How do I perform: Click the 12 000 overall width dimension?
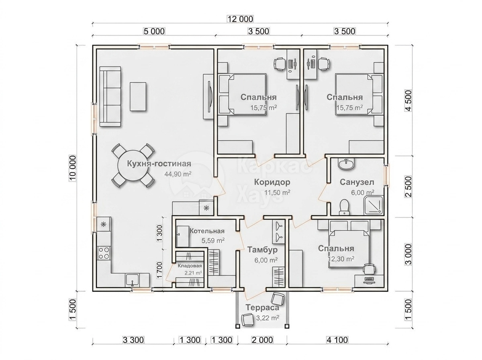point(240,19)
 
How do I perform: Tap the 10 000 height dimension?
point(72,168)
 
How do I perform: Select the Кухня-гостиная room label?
point(159,164)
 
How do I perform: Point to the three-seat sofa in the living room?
point(110,96)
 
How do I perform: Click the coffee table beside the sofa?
point(138,96)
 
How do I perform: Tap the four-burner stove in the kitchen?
point(104,253)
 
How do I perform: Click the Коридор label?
point(272,182)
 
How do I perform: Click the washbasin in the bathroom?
point(346,164)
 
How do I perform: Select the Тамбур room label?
point(262,250)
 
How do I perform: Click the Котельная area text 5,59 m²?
point(213,240)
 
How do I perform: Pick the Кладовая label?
point(190,266)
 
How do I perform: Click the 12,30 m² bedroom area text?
point(341,259)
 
